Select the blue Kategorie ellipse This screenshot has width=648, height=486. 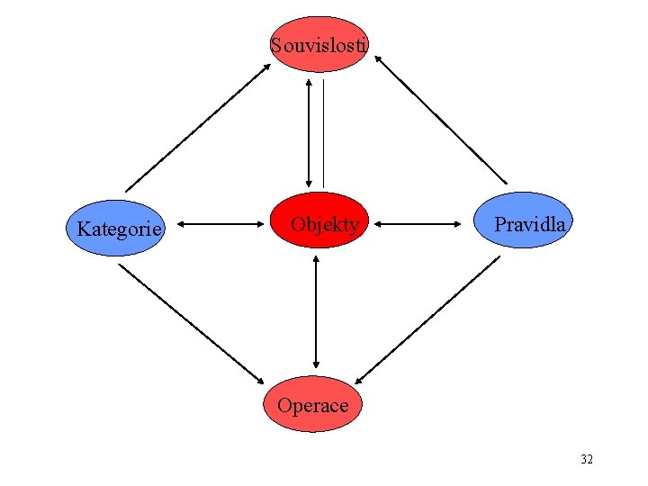coord(120,228)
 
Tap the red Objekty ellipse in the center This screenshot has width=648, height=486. coord(320,220)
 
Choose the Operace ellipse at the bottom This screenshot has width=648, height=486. coord(312,404)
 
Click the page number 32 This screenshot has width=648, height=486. coord(587,459)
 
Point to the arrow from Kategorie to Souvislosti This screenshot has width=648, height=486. coord(198,126)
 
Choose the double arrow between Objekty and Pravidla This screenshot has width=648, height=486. coord(425,221)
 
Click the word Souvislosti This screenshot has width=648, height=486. coord(319,43)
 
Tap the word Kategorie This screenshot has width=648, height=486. coord(120,229)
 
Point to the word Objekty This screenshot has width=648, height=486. coord(325,224)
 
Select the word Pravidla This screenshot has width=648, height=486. coord(530,224)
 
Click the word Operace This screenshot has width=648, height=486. coord(312,405)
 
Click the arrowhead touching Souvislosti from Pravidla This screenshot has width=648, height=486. coord(379,59)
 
